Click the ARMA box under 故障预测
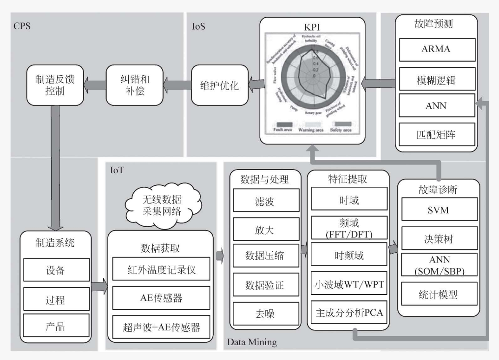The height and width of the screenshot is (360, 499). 435,49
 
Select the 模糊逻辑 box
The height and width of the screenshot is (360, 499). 435,79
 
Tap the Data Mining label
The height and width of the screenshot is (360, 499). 251,342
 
